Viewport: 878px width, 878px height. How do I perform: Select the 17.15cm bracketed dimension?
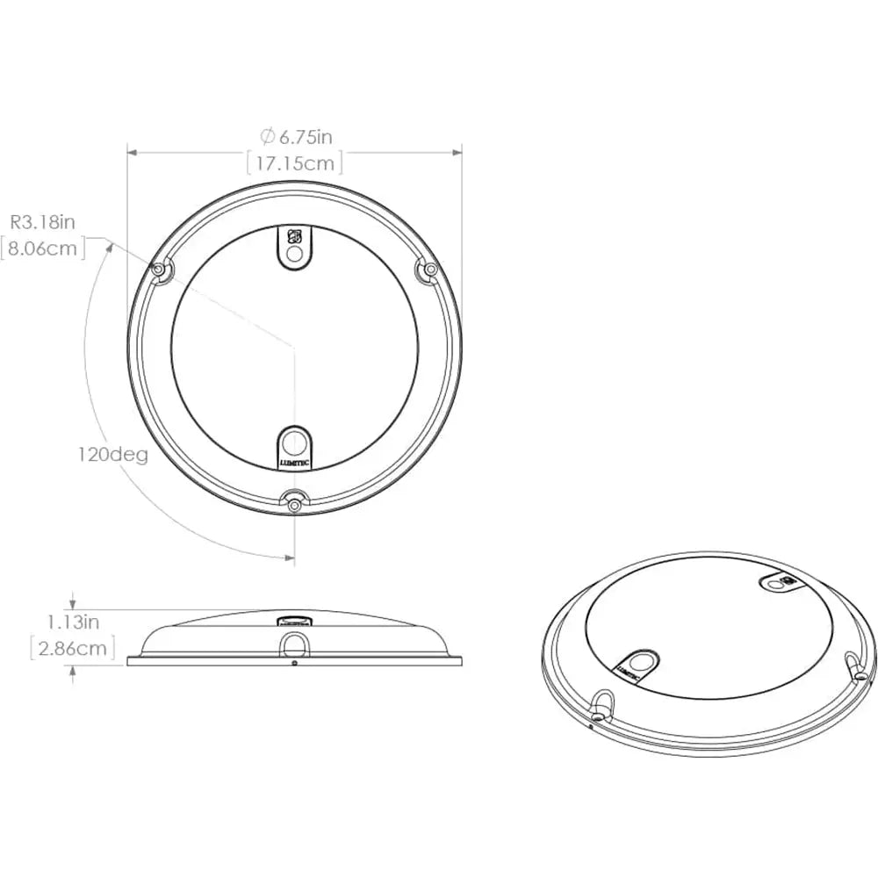point(294,162)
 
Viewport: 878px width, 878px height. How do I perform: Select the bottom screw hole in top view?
point(294,503)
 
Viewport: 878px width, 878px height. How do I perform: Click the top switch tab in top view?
point(295,247)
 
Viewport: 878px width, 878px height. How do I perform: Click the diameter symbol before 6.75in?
point(267,136)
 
